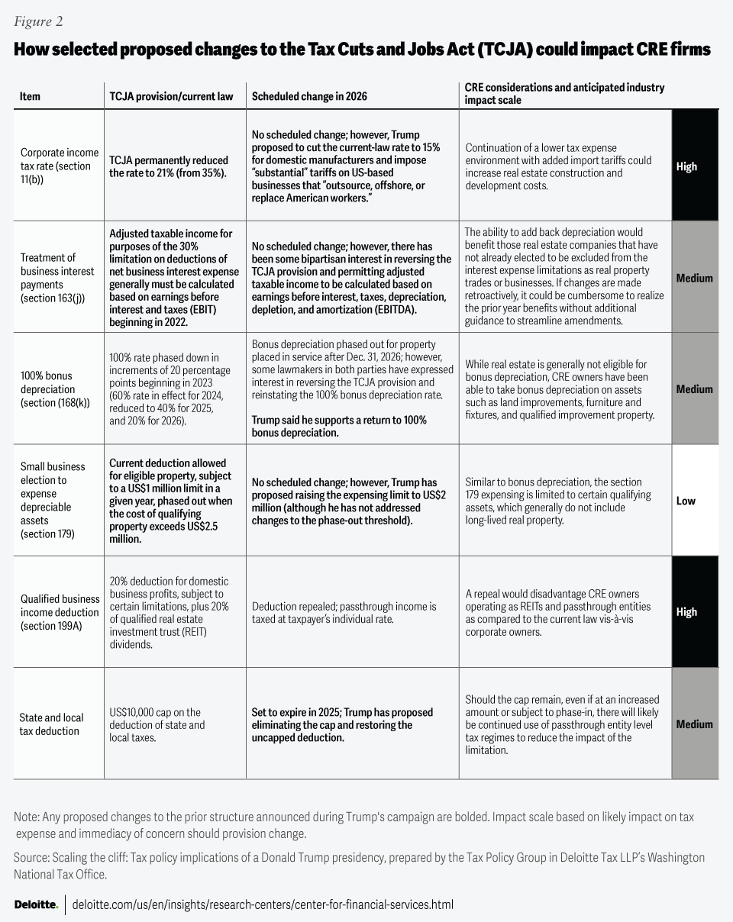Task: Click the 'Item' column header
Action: point(31,97)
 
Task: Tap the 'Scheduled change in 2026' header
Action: point(309,97)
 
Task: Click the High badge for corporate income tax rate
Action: point(695,166)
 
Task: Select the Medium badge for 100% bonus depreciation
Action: point(695,389)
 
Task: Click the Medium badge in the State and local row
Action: point(695,724)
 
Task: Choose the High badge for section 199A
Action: point(695,612)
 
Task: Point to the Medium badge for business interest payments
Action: point(695,278)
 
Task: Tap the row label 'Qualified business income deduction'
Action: point(60,612)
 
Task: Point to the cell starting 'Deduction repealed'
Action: point(344,612)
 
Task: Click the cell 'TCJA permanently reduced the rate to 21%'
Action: point(169,166)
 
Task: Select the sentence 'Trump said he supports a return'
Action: point(339,427)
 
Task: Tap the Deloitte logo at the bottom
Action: point(36,904)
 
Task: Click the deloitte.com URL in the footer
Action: point(263,904)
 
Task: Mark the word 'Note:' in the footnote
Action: point(27,817)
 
